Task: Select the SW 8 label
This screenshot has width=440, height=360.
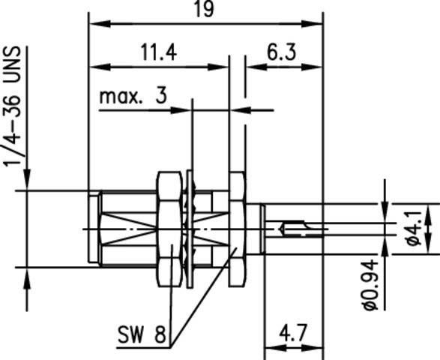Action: click(142, 333)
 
